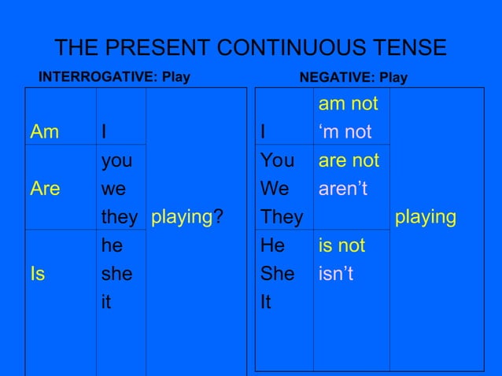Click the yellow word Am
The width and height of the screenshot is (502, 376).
tap(44, 132)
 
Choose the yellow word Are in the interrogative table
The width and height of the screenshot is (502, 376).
tap(46, 189)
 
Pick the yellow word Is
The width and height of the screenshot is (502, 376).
tap(37, 274)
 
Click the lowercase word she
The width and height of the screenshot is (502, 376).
tap(116, 274)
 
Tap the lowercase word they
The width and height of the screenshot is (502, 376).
tap(120, 217)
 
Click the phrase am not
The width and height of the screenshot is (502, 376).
tap(348, 104)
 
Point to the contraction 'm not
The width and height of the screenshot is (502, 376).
tap(345, 132)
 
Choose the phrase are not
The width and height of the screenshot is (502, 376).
tap(349, 160)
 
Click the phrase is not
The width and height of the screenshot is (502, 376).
tap(341, 245)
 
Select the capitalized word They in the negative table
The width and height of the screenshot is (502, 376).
tap(282, 217)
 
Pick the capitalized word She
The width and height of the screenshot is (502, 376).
tap(278, 274)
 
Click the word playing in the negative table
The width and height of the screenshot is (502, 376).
tap(426, 217)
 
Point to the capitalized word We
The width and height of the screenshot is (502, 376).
tap(275, 189)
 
